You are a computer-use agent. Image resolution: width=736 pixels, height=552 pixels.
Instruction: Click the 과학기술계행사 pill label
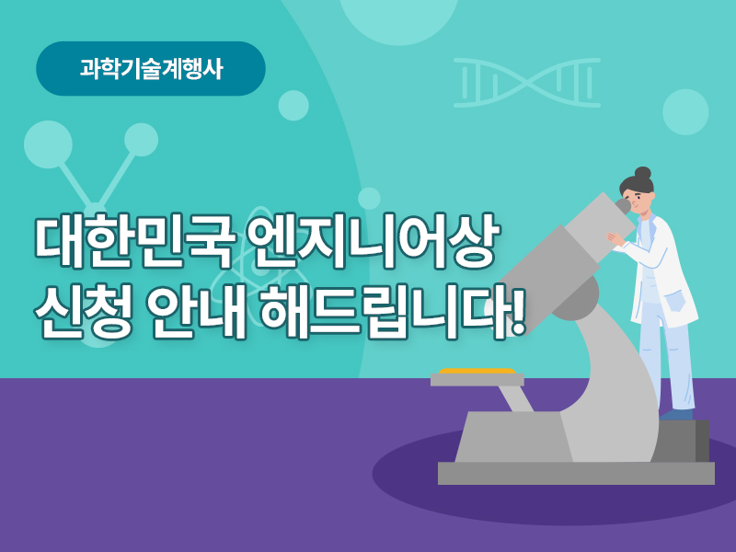151,68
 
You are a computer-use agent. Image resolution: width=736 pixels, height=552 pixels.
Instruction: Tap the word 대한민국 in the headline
134,241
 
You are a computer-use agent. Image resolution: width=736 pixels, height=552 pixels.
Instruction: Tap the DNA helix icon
526,83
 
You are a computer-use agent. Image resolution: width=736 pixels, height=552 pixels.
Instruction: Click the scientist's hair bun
642,173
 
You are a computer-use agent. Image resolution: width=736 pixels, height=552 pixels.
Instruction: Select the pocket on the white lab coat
674,302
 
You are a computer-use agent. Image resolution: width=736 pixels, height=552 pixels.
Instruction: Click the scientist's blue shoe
676,414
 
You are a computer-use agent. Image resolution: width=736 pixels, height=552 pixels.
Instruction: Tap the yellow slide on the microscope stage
477,371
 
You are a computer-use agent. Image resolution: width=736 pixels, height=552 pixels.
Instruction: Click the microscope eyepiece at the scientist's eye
623,205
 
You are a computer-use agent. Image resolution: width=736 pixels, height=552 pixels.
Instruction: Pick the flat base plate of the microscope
576,473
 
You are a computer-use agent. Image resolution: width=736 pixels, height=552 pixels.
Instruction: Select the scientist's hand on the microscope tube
615,238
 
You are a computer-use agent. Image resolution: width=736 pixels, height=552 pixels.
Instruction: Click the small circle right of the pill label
293,106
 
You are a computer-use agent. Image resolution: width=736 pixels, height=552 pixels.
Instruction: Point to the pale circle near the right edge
685,112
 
